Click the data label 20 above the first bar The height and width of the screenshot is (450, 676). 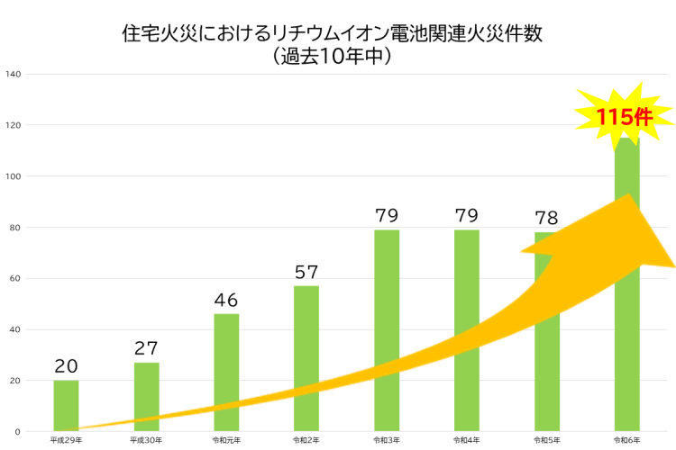tap(66, 366)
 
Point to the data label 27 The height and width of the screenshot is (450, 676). tap(146, 348)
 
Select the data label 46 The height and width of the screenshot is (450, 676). tap(226, 300)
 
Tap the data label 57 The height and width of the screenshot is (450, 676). tap(306, 272)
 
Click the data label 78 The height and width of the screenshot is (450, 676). tap(546, 218)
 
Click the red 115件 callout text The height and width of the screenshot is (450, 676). tap(624, 117)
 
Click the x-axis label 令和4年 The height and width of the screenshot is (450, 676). tap(466, 441)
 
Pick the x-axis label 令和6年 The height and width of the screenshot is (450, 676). tap(626, 441)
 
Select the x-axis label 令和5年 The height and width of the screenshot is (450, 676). tap(546, 441)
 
